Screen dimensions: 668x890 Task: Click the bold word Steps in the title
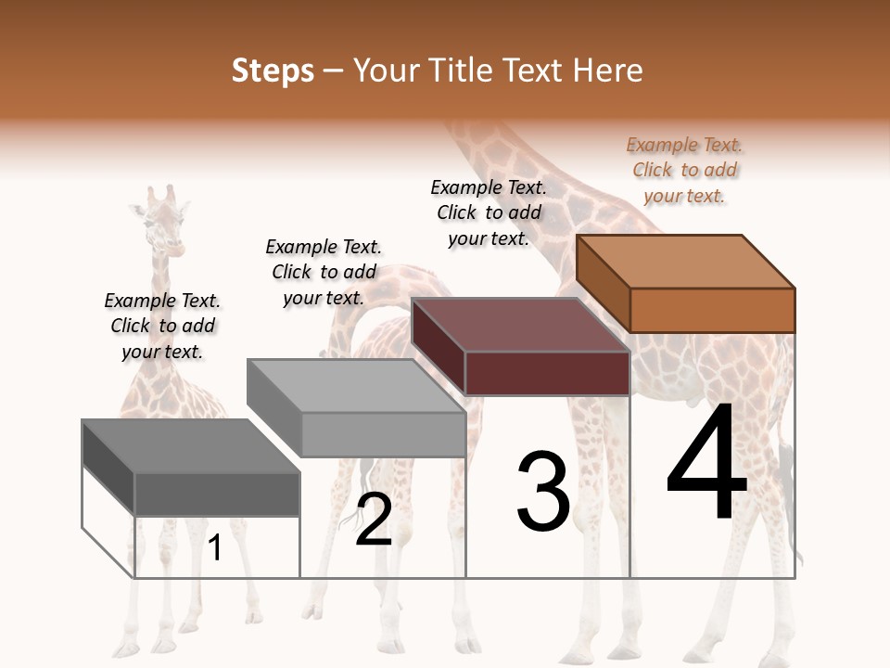[273, 71]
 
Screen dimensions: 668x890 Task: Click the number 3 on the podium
[543, 491]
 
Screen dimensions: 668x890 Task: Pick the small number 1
[215, 548]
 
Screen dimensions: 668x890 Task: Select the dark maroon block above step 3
[520, 345]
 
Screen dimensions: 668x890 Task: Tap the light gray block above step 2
[356, 407]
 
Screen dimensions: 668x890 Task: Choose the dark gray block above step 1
[191, 467]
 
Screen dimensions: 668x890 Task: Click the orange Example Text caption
[684, 171]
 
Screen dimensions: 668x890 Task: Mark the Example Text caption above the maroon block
[489, 212]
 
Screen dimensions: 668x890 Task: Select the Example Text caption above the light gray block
[324, 272]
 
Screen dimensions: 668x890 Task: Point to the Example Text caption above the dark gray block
[162, 326]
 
